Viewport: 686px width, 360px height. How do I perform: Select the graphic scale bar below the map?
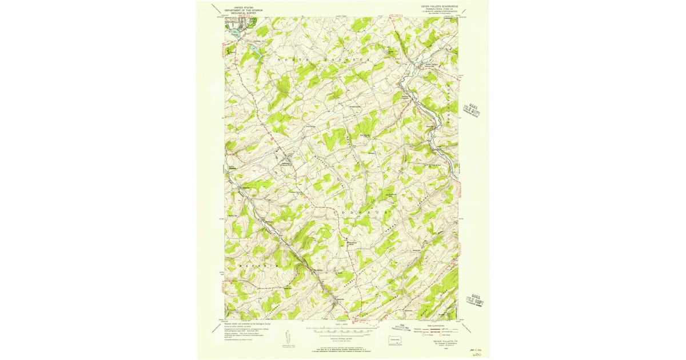pos(341,330)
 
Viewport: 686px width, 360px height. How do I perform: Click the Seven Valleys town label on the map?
pos(433,64)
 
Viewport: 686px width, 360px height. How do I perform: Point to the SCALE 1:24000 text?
pos(341,326)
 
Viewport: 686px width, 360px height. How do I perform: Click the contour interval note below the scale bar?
pos(341,337)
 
